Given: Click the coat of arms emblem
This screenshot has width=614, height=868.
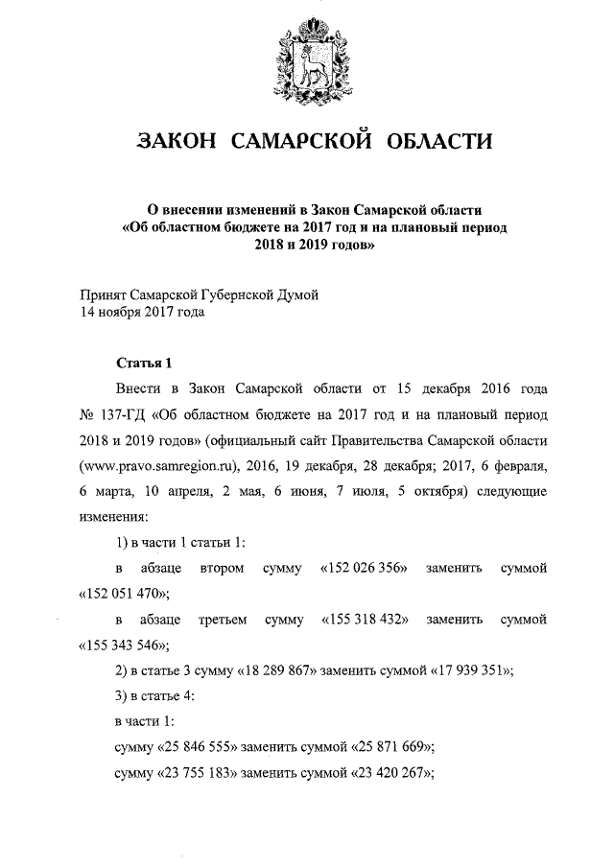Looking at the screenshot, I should coord(307,64).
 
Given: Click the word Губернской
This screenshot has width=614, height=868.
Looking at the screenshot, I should coord(230,293).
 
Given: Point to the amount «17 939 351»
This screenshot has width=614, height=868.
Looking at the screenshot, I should coord(465,670).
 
